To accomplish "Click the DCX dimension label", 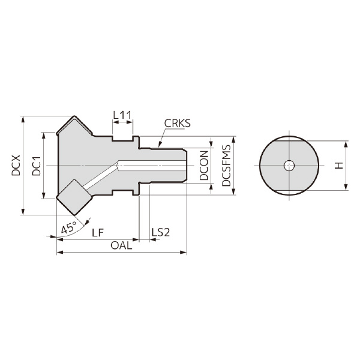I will [x=16, y=166].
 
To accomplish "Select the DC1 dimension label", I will [x=36, y=166].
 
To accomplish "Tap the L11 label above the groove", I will [x=122, y=114].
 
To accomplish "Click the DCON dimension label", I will [x=204, y=166].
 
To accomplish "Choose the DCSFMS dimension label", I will [x=226, y=166].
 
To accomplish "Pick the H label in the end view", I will [x=339, y=166].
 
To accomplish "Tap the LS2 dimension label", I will [x=161, y=232].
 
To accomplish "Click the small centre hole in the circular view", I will [x=289, y=166].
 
